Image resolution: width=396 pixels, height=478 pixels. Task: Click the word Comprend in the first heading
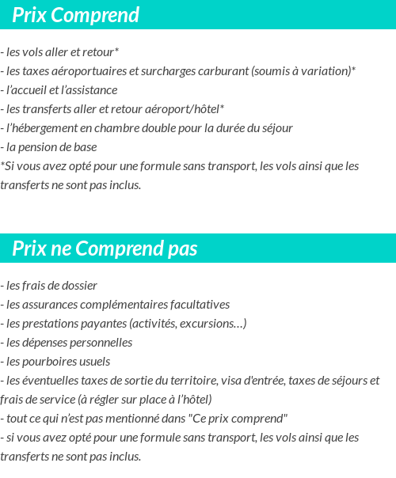coord(98,15)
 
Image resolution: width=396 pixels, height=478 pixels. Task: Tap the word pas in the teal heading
coord(182,249)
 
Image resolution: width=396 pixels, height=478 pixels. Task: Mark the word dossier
coord(77,286)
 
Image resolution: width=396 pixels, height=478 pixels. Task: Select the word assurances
coord(53,305)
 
